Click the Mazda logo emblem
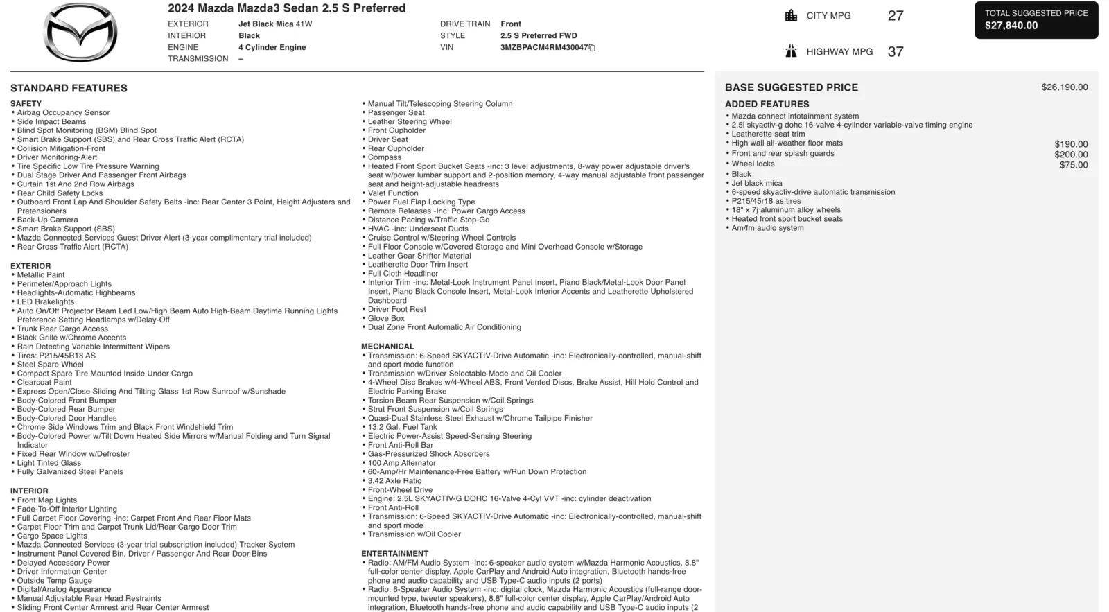tap(80, 33)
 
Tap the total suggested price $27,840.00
tap(1011, 26)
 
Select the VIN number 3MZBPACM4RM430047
tap(543, 47)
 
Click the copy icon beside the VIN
tap(593, 48)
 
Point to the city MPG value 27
tap(896, 16)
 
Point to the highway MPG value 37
tap(896, 52)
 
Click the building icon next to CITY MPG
tap(791, 15)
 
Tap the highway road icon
tap(791, 51)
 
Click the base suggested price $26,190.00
tap(1064, 87)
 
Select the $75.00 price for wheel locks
tap(1073, 165)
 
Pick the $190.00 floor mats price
tap(1071, 144)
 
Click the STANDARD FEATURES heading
tap(69, 88)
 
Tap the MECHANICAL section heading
tap(387, 347)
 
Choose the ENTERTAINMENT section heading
tap(394, 554)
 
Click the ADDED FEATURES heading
tap(767, 104)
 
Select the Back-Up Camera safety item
tap(47, 220)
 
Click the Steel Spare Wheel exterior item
tap(50, 365)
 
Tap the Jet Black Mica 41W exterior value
tap(275, 24)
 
